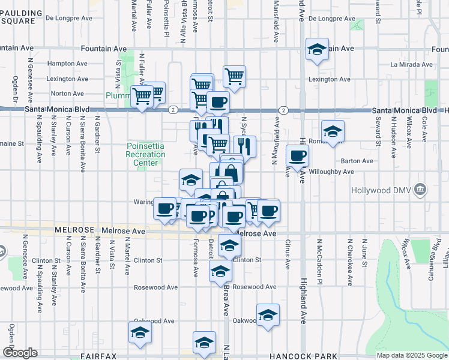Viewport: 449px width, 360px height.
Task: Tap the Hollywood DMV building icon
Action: pos(421,190)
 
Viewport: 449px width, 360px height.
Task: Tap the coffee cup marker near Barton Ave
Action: pos(297,157)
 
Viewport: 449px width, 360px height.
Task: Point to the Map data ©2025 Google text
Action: pos(412,355)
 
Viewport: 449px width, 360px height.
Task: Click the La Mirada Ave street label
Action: pos(412,64)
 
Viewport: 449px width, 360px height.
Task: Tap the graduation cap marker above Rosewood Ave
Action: pos(220,272)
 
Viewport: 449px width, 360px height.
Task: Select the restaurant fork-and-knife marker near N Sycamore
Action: pos(244,146)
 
